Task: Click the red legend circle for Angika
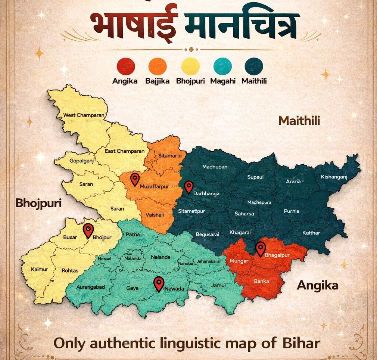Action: (x=126, y=67)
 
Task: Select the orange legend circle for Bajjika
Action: (x=158, y=67)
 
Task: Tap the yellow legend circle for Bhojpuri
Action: (x=190, y=67)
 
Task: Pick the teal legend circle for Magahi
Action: (x=222, y=67)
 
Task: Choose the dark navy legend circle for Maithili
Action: (x=254, y=67)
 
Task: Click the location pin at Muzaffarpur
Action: (x=135, y=179)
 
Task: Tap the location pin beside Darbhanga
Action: (x=189, y=186)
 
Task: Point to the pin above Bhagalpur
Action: (x=261, y=248)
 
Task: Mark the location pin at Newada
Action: (x=159, y=283)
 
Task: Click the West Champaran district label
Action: (x=84, y=115)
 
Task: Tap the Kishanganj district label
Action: (x=334, y=177)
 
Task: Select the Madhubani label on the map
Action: (x=215, y=167)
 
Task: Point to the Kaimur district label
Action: (x=40, y=269)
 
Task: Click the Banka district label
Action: (x=261, y=281)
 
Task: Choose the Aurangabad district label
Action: (x=90, y=287)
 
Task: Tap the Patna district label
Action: (x=133, y=235)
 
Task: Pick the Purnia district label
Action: (x=292, y=211)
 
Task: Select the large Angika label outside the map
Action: (x=317, y=286)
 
